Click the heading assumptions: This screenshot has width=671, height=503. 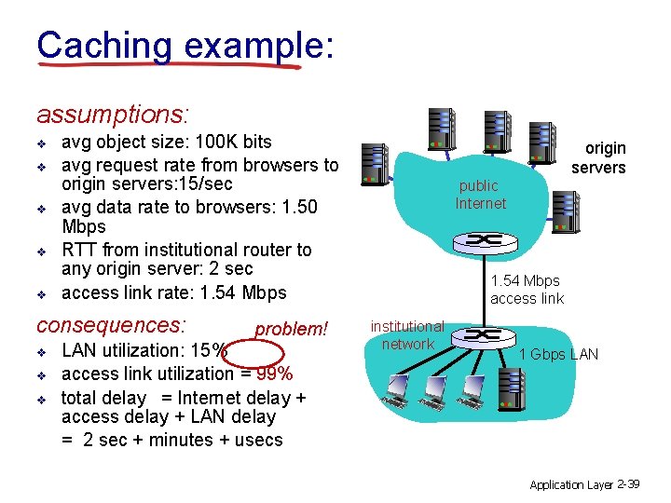coord(113,115)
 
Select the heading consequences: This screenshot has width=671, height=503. coord(111,326)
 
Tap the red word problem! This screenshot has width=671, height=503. coord(292,329)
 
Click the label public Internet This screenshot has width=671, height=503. coord(480,195)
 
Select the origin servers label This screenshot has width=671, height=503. coord(598,157)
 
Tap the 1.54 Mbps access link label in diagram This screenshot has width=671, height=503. coord(527,289)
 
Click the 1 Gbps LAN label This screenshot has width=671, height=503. coord(558,353)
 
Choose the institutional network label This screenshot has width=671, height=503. coord(407,335)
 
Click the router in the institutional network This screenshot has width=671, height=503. coord(482,334)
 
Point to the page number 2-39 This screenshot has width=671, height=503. coord(628,484)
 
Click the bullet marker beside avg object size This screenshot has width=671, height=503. coord(42,143)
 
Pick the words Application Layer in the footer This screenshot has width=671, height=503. coord(570,485)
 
